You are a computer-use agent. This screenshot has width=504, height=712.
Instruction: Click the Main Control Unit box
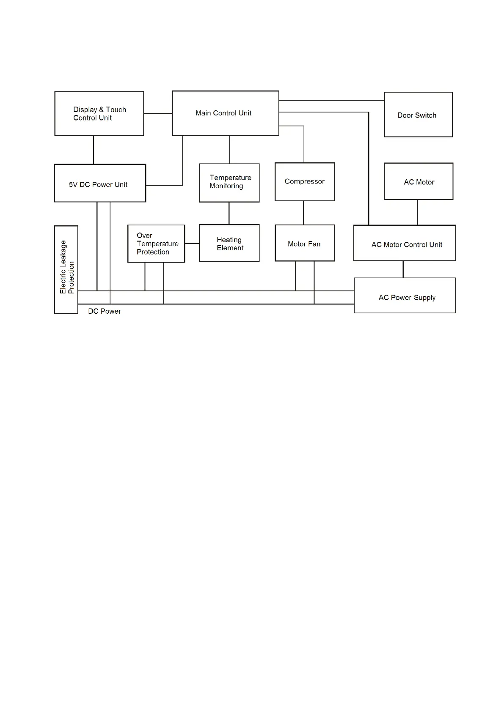click(x=225, y=113)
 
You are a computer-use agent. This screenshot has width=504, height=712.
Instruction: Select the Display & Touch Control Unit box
click(x=99, y=114)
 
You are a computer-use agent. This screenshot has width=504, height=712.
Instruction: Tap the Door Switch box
click(x=418, y=115)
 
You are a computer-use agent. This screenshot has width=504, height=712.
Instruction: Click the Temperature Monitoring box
click(x=229, y=183)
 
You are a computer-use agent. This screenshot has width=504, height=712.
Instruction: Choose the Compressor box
click(x=305, y=182)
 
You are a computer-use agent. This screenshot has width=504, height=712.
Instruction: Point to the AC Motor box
click(x=419, y=181)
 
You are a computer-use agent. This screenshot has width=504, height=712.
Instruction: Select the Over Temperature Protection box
click(x=156, y=244)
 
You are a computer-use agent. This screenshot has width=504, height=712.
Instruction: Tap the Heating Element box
click(x=229, y=243)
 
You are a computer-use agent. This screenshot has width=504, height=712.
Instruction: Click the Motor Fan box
click(x=305, y=243)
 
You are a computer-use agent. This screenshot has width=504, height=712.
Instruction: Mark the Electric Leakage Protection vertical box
click(x=66, y=270)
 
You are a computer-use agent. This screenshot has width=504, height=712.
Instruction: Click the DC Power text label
click(x=105, y=311)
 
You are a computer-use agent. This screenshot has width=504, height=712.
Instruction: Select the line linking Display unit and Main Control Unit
click(x=158, y=113)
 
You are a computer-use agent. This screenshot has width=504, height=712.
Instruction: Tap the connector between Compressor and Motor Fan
click(x=303, y=213)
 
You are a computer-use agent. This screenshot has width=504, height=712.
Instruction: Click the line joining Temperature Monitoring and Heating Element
click(x=229, y=213)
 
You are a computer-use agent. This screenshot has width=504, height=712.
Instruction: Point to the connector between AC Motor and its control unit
click(x=417, y=212)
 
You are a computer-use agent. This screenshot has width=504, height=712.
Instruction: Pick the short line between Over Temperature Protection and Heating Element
click(x=192, y=244)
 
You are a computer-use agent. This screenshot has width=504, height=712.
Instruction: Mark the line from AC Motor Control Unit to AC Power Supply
click(x=403, y=269)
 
